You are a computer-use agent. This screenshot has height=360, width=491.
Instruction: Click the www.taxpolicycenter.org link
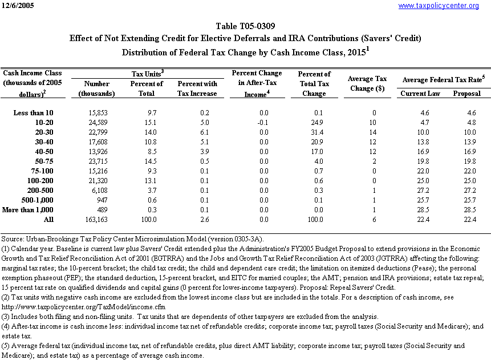point(438,6)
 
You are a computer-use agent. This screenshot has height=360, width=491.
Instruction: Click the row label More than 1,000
point(31,209)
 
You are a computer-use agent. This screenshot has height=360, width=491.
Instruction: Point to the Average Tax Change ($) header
point(368,83)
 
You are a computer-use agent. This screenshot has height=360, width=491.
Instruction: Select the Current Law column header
point(420,93)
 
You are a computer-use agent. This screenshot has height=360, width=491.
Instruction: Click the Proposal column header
point(466,93)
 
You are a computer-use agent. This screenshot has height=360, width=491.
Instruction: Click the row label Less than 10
point(33,113)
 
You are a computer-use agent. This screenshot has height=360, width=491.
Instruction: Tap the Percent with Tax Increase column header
point(197,88)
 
